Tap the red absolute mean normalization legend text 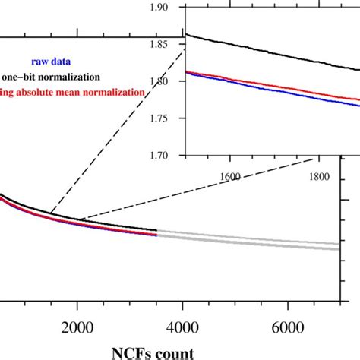[x=73, y=92]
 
